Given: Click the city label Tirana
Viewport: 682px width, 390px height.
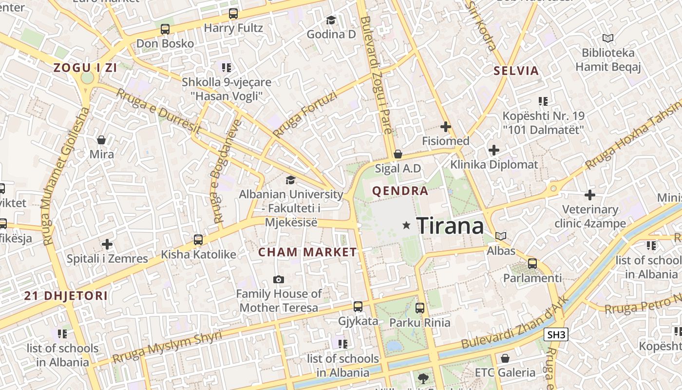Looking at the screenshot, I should point(451,226).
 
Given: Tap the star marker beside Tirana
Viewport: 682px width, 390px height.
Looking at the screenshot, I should point(406,225).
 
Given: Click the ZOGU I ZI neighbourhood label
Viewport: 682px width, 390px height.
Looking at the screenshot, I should point(85,68).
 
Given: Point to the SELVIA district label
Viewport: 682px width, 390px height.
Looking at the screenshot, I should point(516,71).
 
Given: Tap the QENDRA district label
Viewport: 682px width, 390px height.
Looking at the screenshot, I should point(400,191).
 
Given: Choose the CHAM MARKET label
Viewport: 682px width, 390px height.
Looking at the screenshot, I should point(307,253).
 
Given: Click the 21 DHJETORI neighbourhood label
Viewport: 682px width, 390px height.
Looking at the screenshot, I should point(66,296).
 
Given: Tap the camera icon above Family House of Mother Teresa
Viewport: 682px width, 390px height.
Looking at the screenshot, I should point(279,279).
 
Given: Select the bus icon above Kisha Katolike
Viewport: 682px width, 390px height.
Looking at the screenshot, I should point(198,240).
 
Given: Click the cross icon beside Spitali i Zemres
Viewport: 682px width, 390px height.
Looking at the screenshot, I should point(107,244).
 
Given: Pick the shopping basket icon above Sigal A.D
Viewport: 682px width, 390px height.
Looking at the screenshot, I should point(398,154).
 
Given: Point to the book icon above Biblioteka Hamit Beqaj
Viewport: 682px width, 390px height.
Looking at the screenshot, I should point(607,38).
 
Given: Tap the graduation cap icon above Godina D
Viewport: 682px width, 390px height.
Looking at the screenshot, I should point(331,20).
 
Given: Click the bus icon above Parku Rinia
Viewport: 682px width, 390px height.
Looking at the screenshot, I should point(420,308).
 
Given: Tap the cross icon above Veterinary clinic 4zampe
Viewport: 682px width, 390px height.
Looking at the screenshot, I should point(590,195).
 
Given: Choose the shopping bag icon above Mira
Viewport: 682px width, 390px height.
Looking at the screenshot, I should point(101,140).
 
